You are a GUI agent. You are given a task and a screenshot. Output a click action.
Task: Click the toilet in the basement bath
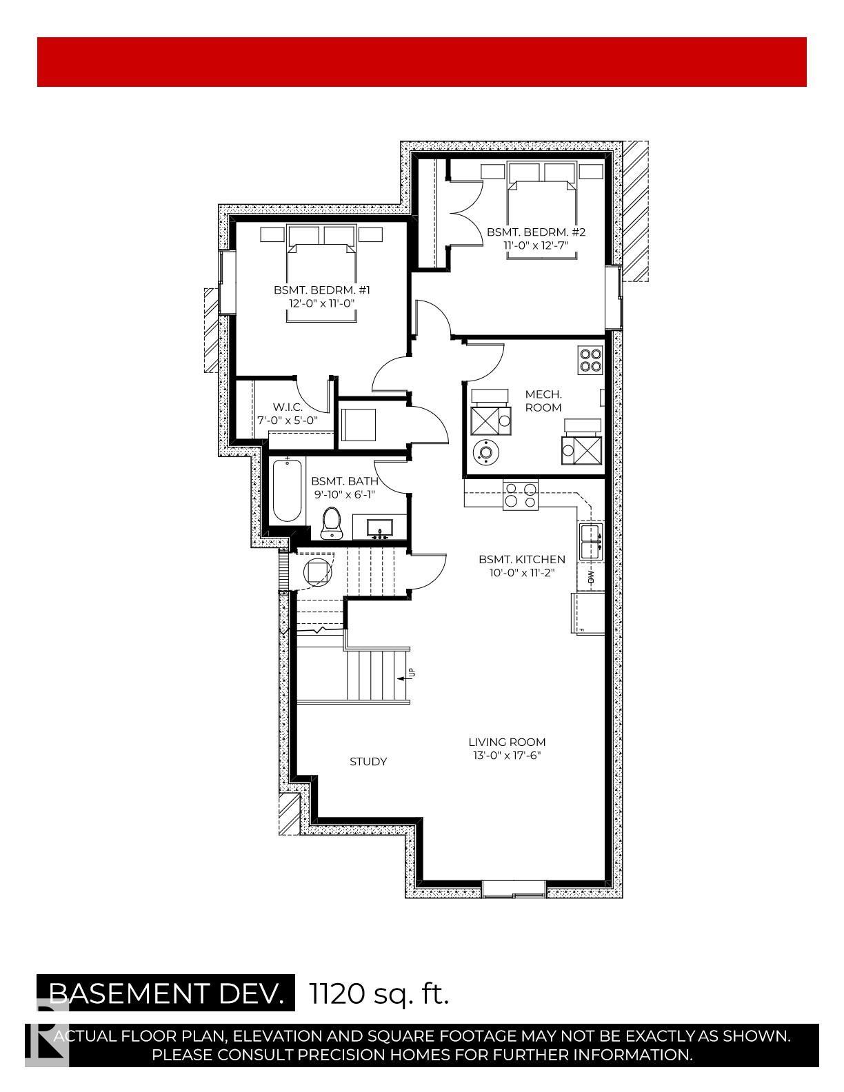click(x=331, y=523)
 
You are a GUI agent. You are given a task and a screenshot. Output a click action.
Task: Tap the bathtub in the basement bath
click(x=288, y=490)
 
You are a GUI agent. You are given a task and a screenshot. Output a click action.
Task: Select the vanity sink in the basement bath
click(x=379, y=528)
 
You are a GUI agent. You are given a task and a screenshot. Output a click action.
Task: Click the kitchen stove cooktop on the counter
click(x=521, y=494)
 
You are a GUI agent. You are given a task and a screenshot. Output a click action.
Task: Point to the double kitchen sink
click(x=591, y=541)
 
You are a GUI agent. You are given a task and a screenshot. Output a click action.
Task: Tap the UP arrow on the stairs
click(x=405, y=678)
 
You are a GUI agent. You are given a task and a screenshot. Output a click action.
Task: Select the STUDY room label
click(x=368, y=761)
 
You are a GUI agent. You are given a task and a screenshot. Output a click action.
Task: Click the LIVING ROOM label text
click(x=507, y=742)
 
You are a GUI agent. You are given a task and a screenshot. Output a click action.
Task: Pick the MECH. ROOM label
click(x=543, y=401)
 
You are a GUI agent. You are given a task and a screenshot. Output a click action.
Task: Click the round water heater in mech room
click(x=485, y=452)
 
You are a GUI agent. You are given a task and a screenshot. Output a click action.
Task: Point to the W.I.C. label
click(x=288, y=407)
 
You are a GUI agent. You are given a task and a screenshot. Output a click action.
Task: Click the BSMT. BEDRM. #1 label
click(x=322, y=290)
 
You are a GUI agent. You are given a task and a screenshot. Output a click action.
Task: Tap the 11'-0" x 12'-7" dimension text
click(x=536, y=245)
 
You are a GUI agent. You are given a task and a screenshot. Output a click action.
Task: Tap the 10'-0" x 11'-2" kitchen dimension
click(x=522, y=572)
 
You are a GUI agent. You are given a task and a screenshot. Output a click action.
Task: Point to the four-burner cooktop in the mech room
click(x=590, y=359)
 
